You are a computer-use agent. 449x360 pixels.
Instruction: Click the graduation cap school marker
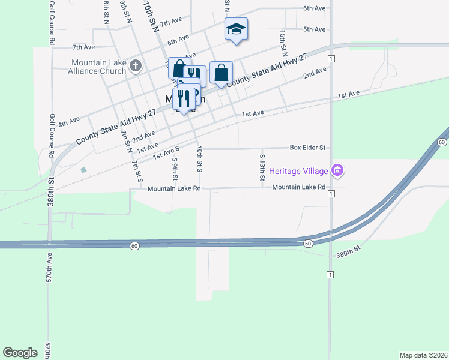click(x=236, y=29)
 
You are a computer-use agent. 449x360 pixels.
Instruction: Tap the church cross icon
click(x=136, y=65)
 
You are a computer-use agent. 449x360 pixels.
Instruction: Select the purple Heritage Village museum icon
click(x=337, y=171)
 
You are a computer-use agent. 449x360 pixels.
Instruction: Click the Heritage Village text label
click(x=298, y=171)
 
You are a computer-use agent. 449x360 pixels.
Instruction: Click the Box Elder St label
click(x=307, y=147)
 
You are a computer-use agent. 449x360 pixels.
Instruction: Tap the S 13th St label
click(x=262, y=167)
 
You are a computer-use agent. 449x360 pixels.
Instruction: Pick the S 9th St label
click(x=175, y=168)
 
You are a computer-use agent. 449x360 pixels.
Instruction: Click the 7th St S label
click(x=137, y=171)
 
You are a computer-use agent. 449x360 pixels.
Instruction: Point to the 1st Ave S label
click(x=166, y=152)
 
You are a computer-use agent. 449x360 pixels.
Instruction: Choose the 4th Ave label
click(x=70, y=121)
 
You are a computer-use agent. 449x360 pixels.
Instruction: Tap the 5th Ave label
click(x=314, y=29)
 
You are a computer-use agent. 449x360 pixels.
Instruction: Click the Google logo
click(x=20, y=353)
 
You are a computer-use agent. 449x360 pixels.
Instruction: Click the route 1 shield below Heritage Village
click(x=331, y=194)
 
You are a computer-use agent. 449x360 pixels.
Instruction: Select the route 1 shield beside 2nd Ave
click(x=331, y=58)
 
